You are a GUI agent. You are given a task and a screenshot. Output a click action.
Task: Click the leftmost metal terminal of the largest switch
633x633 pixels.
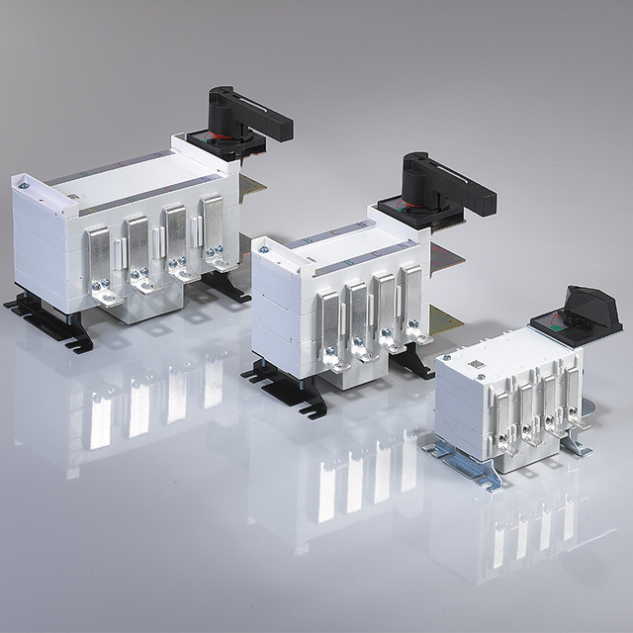[98, 260]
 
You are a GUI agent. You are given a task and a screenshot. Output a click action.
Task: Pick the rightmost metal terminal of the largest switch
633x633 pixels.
[213, 232]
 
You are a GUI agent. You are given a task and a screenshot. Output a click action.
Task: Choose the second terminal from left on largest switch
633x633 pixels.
[137, 249]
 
